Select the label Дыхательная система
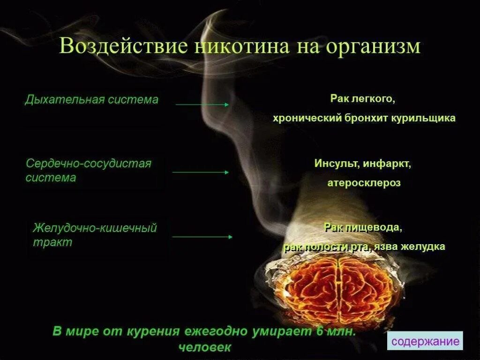[91, 100]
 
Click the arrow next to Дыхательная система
[202, 105]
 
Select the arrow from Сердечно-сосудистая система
[200, 172]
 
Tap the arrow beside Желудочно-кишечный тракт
[202, 237]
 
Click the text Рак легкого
[362, 99]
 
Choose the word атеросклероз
[364, 183]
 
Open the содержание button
[425, 341]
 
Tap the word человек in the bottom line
[205, 347]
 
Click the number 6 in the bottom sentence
[319, 331]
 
